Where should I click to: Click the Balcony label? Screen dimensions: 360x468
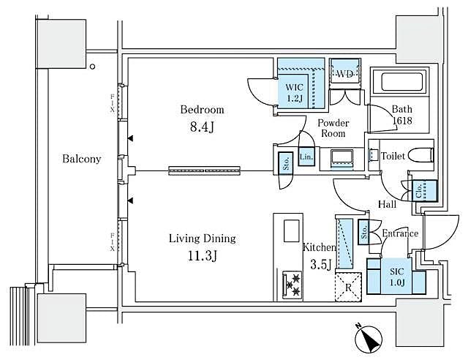(81, 159)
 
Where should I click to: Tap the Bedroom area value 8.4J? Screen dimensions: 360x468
(203, 127)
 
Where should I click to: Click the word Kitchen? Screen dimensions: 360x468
(320, 248)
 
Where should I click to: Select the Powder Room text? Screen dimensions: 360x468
(333, 129)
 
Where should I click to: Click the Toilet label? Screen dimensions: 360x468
(393, 156)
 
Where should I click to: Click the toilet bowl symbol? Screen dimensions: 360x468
(422, 155)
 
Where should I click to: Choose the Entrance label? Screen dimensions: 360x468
(401, 233)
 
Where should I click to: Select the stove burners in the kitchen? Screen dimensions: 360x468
(292, 284)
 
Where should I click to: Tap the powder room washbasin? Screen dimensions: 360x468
(341, 157)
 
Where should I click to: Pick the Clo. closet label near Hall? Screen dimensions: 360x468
(422, 190)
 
